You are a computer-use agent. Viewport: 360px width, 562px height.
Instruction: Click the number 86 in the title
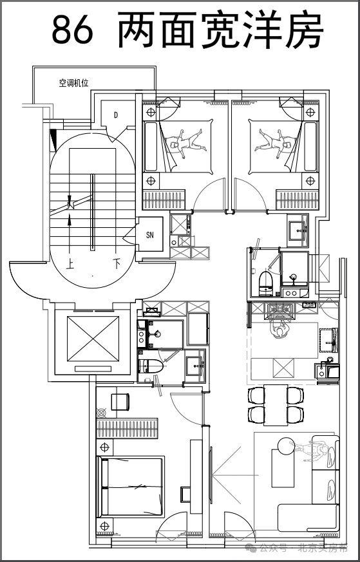[72, 30]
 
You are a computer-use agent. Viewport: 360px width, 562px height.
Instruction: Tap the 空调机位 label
[74, 84]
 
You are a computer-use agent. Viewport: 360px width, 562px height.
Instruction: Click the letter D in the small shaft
[116, 115]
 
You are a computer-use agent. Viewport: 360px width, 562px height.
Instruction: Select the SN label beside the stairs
[150, 235]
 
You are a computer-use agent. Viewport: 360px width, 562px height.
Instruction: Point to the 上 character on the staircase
[70, 264]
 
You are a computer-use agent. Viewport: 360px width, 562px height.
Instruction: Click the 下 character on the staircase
[117, 264]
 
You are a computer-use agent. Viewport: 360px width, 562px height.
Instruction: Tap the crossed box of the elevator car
[93, 339]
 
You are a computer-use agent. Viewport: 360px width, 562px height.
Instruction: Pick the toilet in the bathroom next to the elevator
[151, 366]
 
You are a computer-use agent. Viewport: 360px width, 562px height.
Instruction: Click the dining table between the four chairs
[276, 405]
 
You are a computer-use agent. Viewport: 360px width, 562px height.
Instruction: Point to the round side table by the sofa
[286, 447]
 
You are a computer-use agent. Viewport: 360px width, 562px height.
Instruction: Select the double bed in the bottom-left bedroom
[131, 487]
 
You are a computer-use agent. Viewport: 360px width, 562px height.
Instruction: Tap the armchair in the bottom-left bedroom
[120, 402]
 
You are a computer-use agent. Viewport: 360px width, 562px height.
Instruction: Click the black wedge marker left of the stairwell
[54, 140]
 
